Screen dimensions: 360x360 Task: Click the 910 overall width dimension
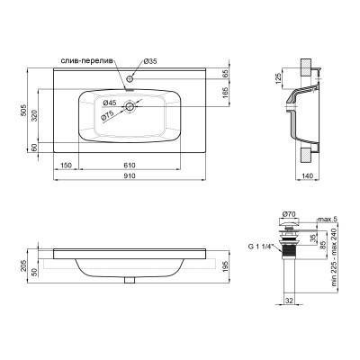click(130, 175)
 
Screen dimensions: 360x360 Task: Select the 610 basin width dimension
click(130, 165)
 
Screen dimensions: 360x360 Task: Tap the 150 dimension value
click(66, 165)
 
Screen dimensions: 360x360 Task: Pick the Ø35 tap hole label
click(151, 60)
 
